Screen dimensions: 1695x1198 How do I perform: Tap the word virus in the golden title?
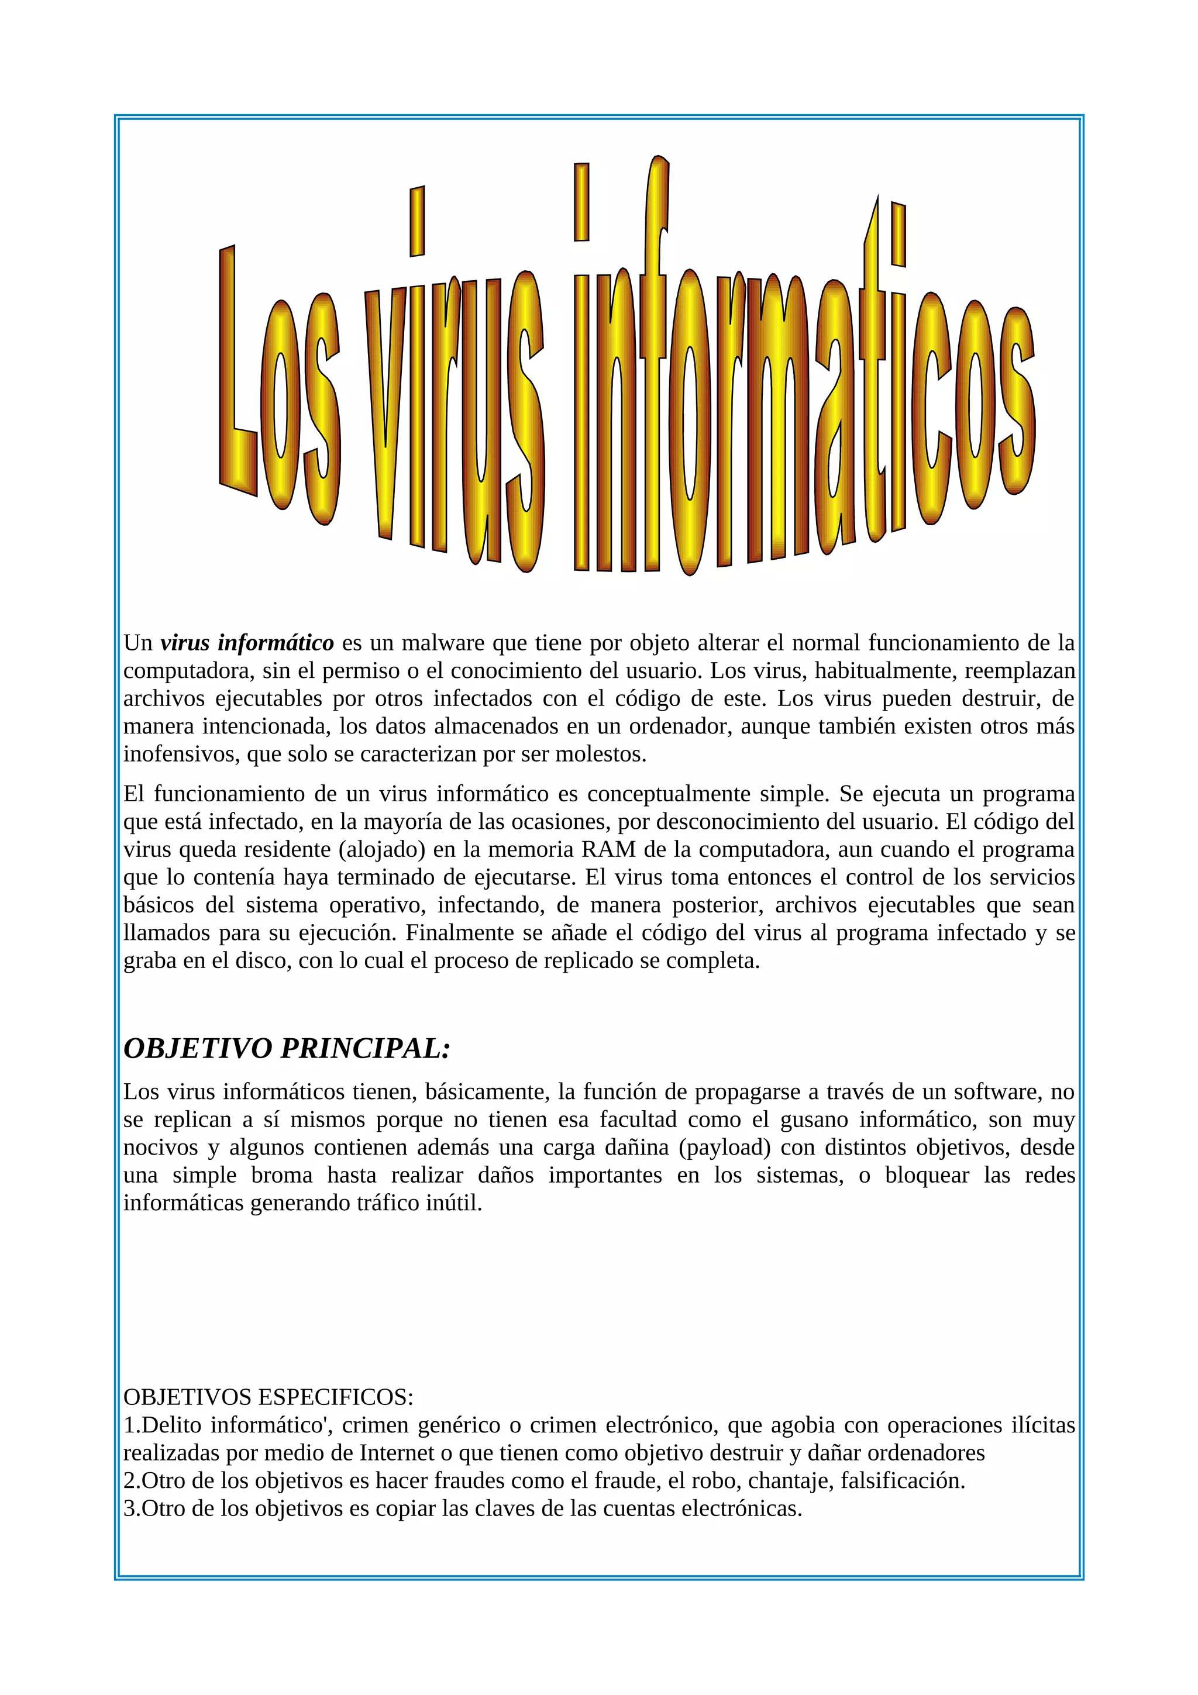coord(454,414)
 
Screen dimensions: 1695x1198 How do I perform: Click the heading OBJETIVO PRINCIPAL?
coord(287,1048)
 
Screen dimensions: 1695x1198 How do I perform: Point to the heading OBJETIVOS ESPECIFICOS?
coord(268,1397)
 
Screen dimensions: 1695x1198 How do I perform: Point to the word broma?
coord(283,1174)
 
